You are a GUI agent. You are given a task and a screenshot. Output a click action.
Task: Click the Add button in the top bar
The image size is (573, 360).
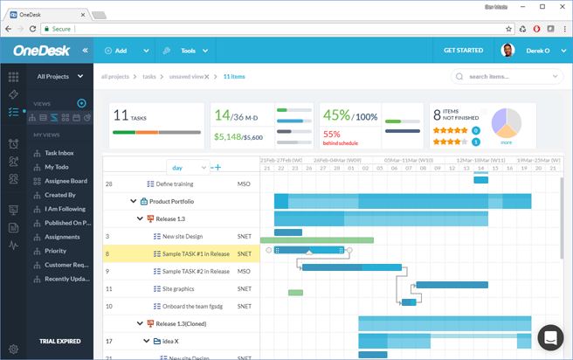(x=116, y=51)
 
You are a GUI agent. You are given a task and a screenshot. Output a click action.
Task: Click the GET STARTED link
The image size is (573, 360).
(x=463, y=51)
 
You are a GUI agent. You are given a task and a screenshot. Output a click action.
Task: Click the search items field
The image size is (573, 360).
(x=506, y=77)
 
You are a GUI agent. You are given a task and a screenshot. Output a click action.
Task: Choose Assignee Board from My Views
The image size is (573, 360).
(x=66, y=181)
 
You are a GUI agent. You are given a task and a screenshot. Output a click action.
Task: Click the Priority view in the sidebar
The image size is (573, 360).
(x=56, y=251)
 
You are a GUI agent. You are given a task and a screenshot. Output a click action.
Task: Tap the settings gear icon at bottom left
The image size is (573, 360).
(x=13, y=350)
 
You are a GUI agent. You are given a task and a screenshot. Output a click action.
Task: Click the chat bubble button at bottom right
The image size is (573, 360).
(x=550, y=337)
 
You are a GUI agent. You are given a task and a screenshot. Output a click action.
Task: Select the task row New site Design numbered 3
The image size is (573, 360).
(x=182, y=236)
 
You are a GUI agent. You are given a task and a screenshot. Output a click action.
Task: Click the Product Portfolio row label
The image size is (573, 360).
(x=171, y=201)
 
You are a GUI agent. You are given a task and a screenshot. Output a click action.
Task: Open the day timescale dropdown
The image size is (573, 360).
(x=189, y=167)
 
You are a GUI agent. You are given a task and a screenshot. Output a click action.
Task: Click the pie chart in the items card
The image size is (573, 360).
(x=506, y=123)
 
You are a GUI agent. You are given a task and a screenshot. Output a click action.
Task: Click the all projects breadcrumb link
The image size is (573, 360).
(x=116, y=77)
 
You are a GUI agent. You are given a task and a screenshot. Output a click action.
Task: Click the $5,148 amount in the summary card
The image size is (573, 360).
(x=228, y=136)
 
